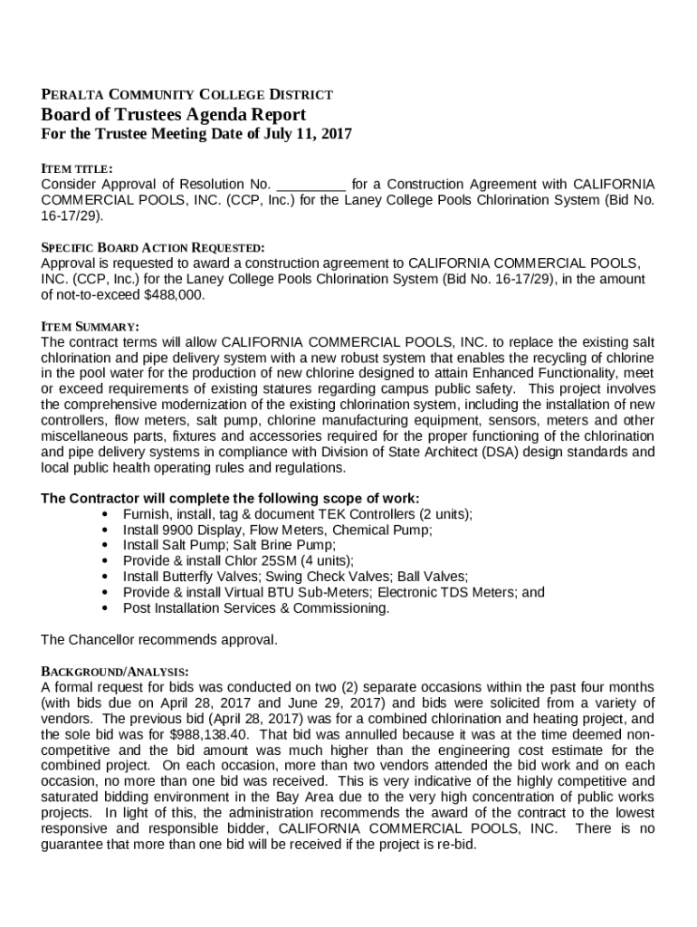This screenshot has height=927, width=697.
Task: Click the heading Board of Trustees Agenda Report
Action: [x=173, y=115]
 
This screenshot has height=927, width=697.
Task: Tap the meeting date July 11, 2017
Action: [x=303, y=135]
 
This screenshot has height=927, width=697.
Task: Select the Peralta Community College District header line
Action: [x=186, y=94]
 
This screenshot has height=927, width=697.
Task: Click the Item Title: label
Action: [x=77, y=168]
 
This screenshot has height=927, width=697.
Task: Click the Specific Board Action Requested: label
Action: [x=153, y=247]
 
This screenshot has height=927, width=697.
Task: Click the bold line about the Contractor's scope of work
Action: [x=230, y=498]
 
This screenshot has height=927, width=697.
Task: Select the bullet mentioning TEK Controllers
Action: [x=297, y=514]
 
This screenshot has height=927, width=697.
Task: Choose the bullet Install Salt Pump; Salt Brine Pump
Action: [x=229, y=545]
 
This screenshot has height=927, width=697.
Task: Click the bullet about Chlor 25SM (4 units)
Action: [x=238, y=561]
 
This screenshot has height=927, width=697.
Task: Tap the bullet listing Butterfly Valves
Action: [x=295, y=577]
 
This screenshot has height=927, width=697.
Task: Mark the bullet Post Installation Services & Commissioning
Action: [x=256, y=608]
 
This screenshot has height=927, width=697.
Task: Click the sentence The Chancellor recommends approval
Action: [x=159, y=640]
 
